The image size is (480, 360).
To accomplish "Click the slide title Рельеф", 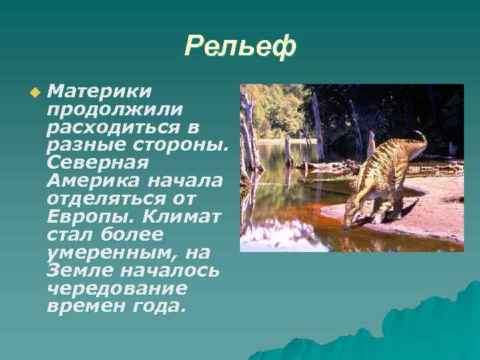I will [239, 47].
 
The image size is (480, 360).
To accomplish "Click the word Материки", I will [99, 90].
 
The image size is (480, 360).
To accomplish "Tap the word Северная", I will [97, 163].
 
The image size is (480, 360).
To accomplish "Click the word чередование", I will [117, 289].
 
